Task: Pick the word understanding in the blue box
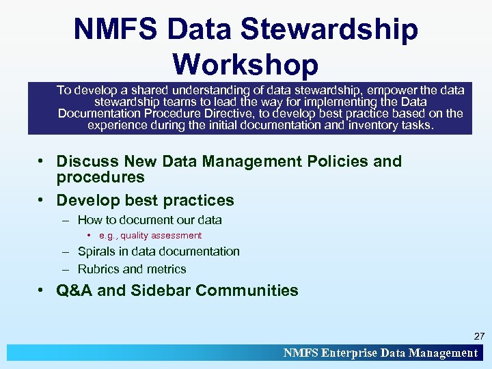(213, 90)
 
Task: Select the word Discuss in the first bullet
(88, 162)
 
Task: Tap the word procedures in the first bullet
(100, 178)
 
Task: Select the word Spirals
(97, 251)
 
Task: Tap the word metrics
(166, 269)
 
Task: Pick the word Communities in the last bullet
(247, 290)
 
